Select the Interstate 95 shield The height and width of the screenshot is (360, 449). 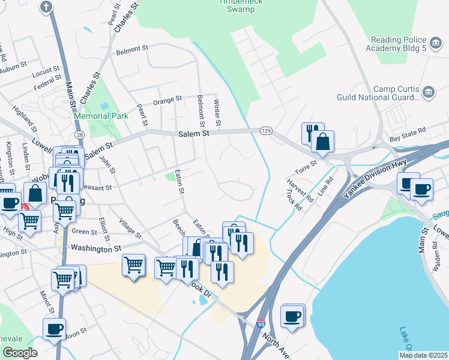coord(261,324)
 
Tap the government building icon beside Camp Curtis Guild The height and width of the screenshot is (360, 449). coord(429,92)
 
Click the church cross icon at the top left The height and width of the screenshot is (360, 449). coord(46,7)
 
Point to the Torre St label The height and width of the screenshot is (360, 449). coord(305,164)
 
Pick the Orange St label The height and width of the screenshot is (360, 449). coord(167,100)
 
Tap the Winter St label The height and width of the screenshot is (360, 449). coord(217,113)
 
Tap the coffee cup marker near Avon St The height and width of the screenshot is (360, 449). coord(54,329)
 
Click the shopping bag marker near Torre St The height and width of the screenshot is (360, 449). coord(322,142)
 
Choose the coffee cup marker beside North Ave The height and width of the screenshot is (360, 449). coord(292,316)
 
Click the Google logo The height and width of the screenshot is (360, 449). coord(20,353)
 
